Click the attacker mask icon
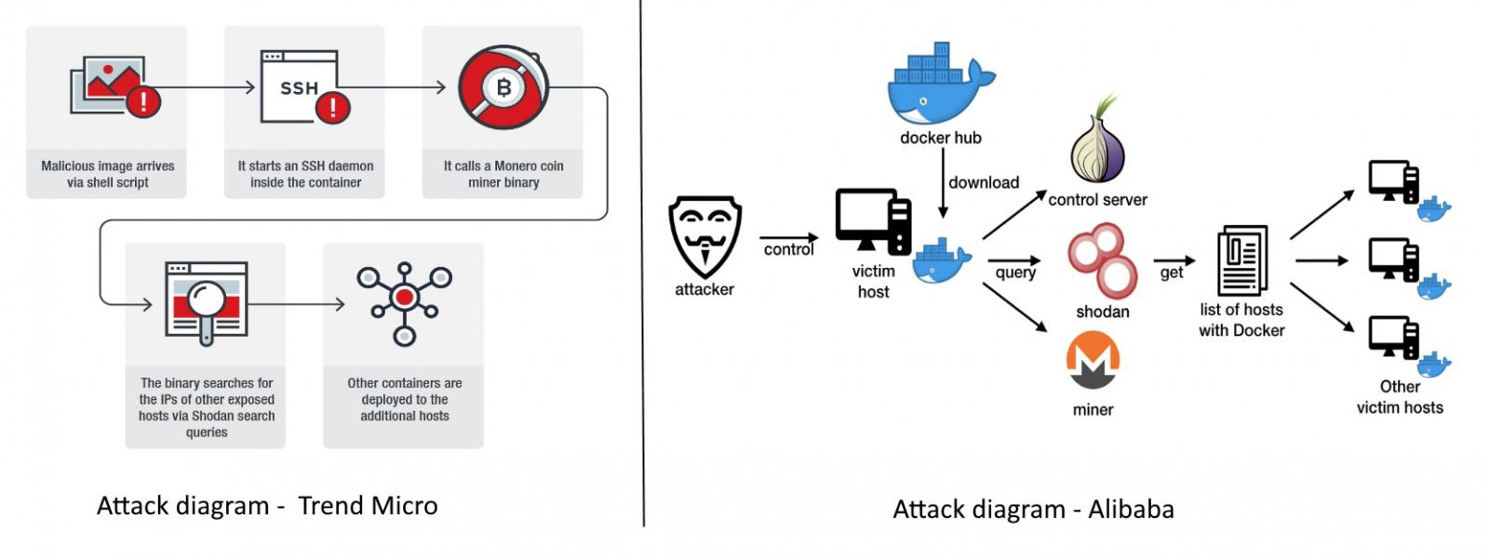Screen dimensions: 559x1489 pos(704,236)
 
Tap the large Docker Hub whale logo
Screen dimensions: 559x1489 pos(940,85)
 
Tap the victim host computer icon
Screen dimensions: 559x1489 pos(873,221)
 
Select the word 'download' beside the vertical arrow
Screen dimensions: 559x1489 pos(984,182)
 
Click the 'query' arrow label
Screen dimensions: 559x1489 pos(1015,273)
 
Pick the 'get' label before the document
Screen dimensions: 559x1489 pos(1172,273)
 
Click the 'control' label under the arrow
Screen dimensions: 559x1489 pos(788,249)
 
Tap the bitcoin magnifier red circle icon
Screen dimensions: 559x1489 pos(503,87)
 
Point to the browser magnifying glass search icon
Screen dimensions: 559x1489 pos(206,301)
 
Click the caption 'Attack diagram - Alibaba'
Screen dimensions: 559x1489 pos(1033,510)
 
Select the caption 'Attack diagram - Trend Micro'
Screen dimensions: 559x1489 pos(267,506)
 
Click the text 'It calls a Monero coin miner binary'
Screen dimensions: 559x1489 pos(503,174)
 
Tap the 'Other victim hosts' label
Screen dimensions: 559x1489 pos(1400,397)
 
